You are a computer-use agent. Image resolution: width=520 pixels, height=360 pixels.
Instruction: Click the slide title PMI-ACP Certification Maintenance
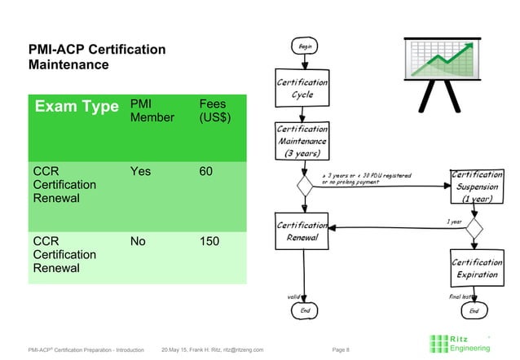point(97,58)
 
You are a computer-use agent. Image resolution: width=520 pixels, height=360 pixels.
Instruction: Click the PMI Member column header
point(152,111)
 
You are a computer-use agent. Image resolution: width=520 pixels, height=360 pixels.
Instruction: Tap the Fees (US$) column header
point(215,111)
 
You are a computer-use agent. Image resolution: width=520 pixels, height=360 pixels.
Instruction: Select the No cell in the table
point(139,242)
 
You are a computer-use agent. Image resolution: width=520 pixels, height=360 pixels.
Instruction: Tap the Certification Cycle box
point(302,89)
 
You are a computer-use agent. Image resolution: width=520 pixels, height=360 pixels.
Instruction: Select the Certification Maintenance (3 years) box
point(302,141)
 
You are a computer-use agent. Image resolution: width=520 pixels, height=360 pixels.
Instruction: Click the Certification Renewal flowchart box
point(302,232)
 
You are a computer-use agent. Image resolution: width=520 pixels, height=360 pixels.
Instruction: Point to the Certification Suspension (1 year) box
point(477,187)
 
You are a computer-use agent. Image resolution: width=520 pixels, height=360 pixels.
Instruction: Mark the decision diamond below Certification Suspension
point(474,227)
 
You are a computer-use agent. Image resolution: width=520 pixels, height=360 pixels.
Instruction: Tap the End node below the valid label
point(305,310)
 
